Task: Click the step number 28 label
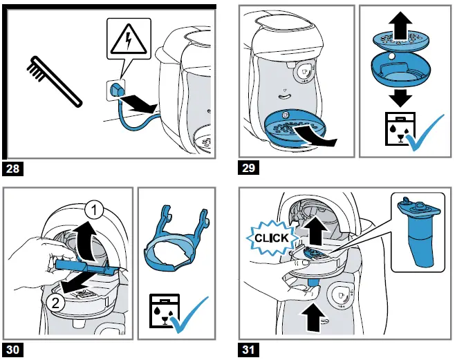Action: (x=15, y=168)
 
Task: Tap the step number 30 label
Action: (x=15, y=350)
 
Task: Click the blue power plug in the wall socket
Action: (x=116, y=90)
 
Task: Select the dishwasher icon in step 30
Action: (x=162, y=312)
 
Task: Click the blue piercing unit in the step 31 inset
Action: (x=420, y=235)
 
